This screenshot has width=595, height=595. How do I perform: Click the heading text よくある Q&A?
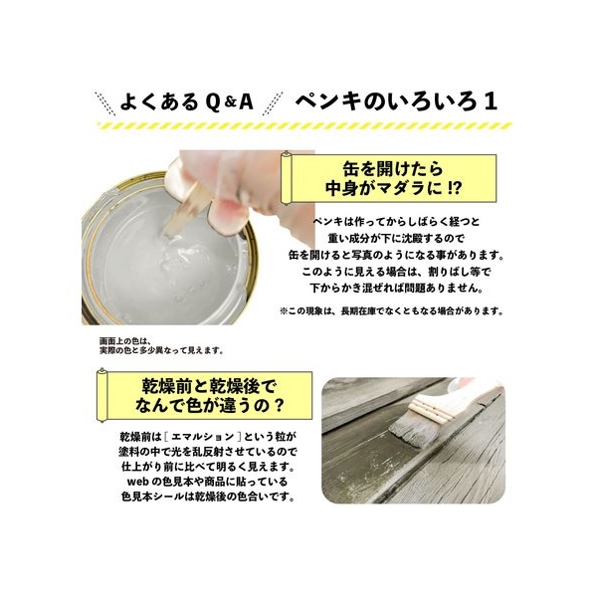pos(186,101)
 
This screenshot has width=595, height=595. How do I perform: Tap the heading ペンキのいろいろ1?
pos(396,101)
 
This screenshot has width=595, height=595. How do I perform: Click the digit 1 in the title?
pos(491,101)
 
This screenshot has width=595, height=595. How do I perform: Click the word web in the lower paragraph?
pos(138,482)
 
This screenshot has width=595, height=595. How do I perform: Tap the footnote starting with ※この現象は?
pos(392,311)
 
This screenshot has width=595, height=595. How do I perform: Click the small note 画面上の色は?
pos(125,340)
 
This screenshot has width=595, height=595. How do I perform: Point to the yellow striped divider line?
pos(304,125)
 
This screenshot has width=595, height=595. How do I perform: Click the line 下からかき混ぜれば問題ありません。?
pos(396,288)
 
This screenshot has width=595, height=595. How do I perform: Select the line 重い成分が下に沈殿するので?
pos(396,239)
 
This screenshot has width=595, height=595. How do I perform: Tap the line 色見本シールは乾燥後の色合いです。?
pos(208,496)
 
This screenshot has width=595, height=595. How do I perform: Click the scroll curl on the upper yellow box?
pos(286,177)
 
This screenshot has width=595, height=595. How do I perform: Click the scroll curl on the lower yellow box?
pos(101,395)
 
